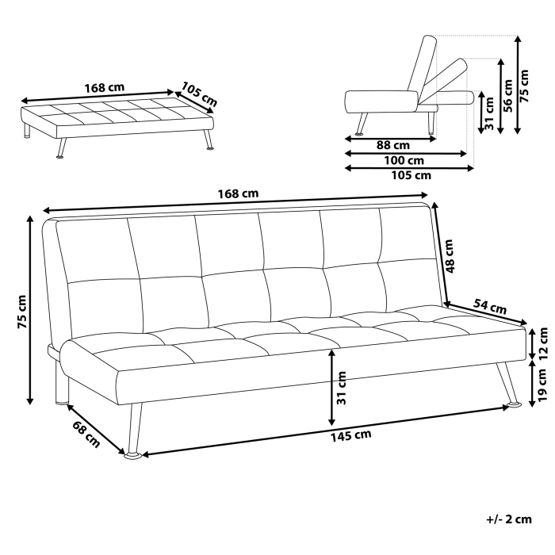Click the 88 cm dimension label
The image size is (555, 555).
(392, 145)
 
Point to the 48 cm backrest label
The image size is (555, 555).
(450, 256)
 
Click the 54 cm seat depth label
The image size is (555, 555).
(490, 305)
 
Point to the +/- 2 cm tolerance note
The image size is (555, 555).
(508, 519)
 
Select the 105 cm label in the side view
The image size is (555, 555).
(412, 175)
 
